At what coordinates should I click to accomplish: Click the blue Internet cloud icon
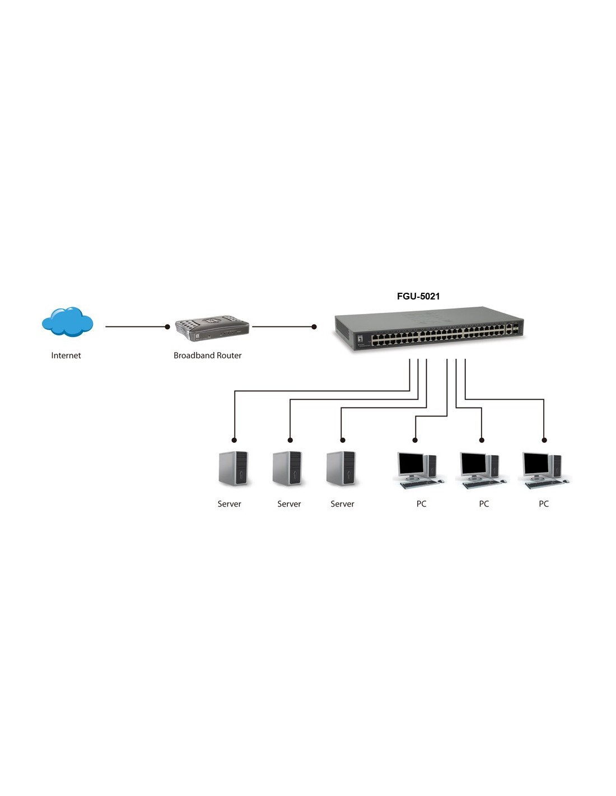(67, 322)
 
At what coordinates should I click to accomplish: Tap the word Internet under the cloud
(66, 355)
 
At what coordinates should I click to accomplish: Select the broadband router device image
(212, 329)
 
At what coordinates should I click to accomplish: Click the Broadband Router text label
(207, 355)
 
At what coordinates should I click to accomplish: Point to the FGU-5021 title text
(418, 296)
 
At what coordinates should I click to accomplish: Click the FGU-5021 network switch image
(430, 330)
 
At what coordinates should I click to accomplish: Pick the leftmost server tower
(233, 469)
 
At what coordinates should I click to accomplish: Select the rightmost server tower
(341, 469)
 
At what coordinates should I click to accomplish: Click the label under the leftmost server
(229, 504)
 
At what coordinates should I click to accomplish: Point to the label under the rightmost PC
(544, 504)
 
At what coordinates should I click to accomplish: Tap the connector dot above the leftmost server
(234, 440)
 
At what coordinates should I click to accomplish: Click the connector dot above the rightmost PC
(544, 440)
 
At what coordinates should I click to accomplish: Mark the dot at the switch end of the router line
(314, 326)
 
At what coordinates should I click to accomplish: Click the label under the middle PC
(484, 504)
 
